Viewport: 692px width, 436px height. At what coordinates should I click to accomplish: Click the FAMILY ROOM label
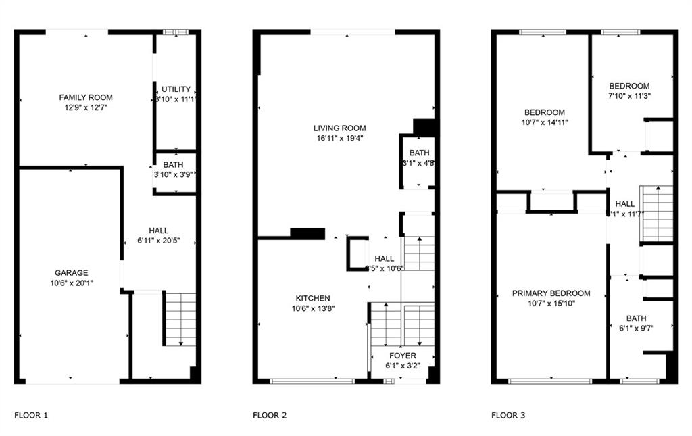tap(86, 97)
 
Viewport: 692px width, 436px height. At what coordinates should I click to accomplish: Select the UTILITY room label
tap(176, 89)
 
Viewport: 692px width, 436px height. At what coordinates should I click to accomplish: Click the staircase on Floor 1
tap(180, 318)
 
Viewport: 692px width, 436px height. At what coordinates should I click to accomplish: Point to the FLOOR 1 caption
tap(31, 415)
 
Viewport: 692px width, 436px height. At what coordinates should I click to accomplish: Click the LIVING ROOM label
tap(339, 128)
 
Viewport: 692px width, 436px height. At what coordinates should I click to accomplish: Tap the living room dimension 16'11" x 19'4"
tap(339, 138)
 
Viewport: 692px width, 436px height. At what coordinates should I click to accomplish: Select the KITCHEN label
tap(313, 298)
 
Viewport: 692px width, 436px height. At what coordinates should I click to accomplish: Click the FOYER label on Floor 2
tap(403, 356)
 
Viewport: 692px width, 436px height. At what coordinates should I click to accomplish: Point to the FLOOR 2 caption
tap(270, 415)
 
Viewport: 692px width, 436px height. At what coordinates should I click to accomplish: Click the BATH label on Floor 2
tap(419, 153)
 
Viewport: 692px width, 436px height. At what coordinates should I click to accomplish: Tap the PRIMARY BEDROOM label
tap(551, 293)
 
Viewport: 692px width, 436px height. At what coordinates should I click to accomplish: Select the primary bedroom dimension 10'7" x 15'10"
tap(551, 304)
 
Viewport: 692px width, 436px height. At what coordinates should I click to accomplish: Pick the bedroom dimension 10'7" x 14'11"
tap(545, 122)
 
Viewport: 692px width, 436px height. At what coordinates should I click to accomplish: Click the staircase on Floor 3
tap(657, 214)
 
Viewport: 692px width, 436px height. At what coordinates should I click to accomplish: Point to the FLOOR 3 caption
tap(508, 415)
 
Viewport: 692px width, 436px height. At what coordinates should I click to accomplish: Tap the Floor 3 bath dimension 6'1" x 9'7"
tap(636, 328)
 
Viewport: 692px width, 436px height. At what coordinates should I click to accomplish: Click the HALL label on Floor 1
tap(159, 231)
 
